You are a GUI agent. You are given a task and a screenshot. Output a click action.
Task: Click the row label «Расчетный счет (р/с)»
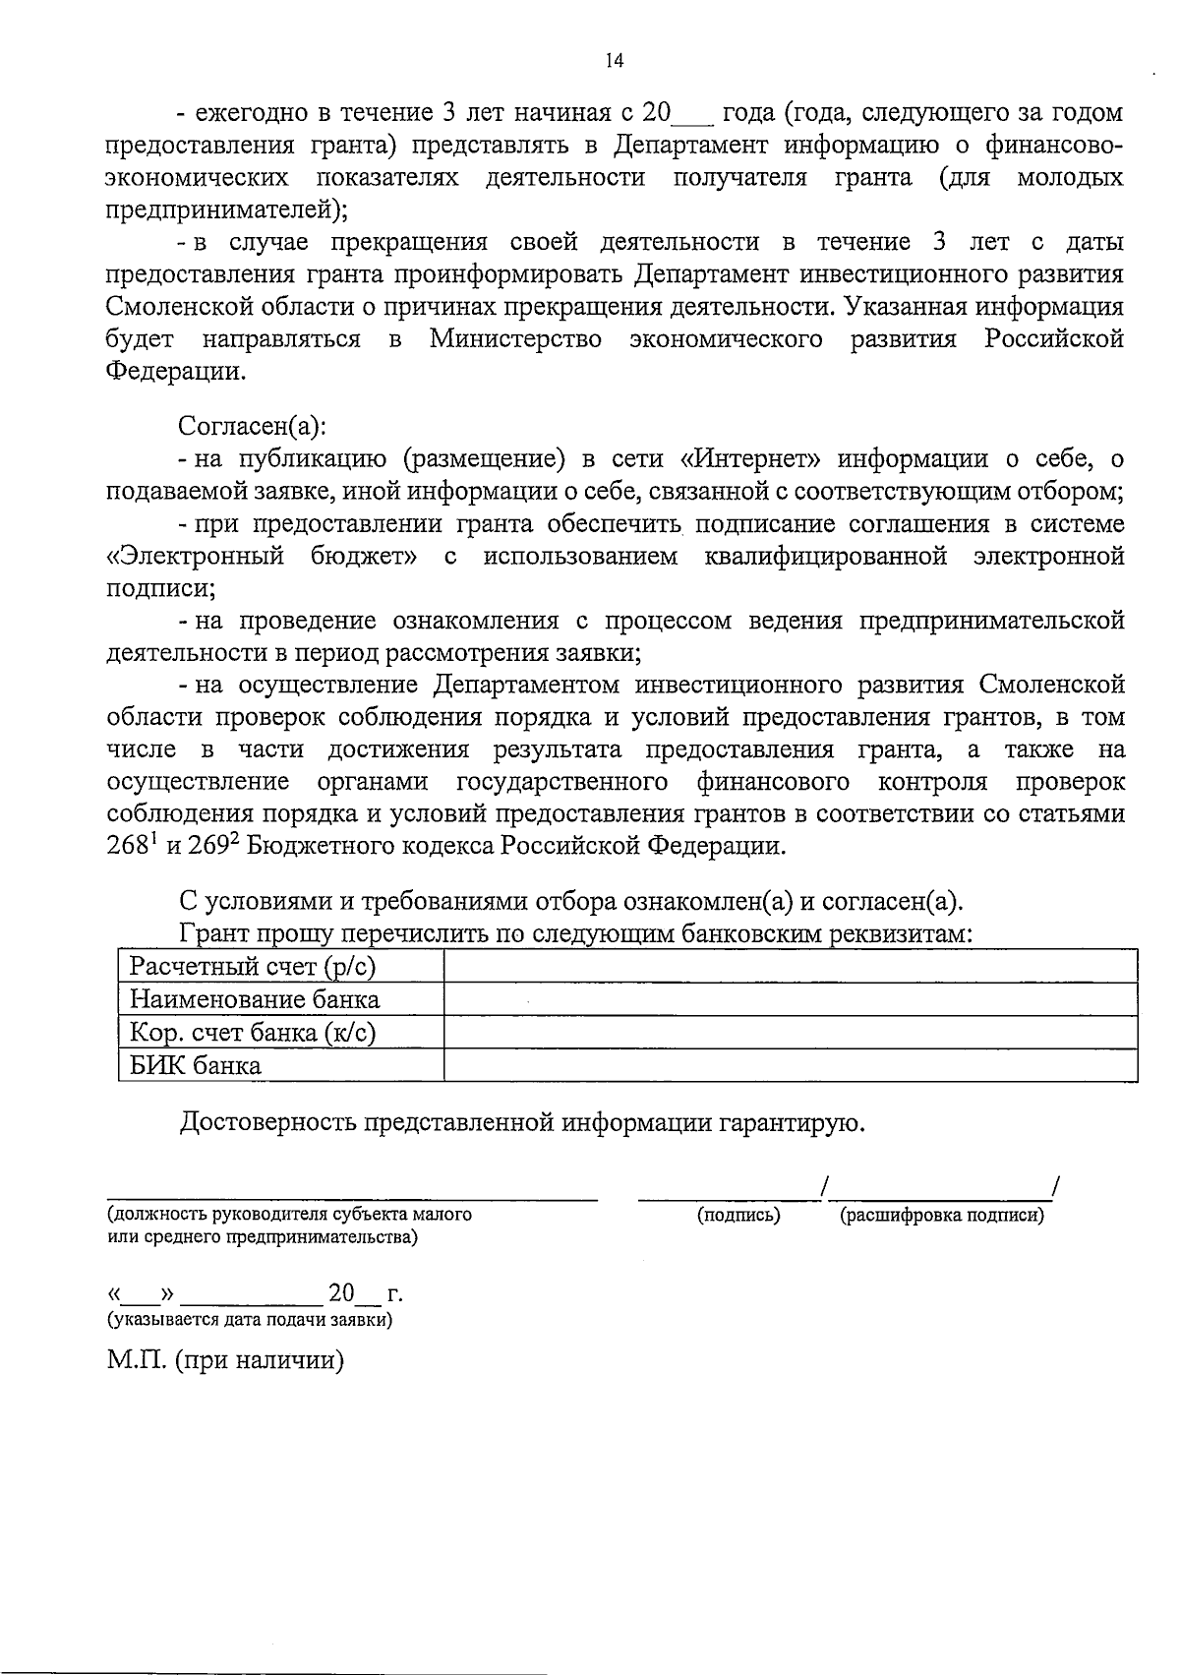tap(253, 968)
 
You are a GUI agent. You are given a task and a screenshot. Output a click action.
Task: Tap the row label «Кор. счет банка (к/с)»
tap(253, 1033)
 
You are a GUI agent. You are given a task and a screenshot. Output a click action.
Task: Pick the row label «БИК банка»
tap(196, 1066)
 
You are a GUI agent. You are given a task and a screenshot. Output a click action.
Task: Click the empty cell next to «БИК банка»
tap(790, 1066)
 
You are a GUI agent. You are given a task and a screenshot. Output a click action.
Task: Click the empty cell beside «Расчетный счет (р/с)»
tap(790, 968)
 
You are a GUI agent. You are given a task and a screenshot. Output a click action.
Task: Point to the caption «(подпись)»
tap(738, 1216)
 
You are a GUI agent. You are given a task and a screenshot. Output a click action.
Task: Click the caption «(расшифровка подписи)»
tap(941, 1216)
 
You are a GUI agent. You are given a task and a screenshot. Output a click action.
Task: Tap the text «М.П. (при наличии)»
tap(225, 1361)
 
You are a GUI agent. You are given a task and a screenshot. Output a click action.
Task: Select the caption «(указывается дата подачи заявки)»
tap(250, 1320)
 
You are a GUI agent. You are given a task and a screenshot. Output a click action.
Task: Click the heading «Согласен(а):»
tap(252, 427)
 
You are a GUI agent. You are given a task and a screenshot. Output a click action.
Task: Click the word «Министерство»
tap(515, 340)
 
